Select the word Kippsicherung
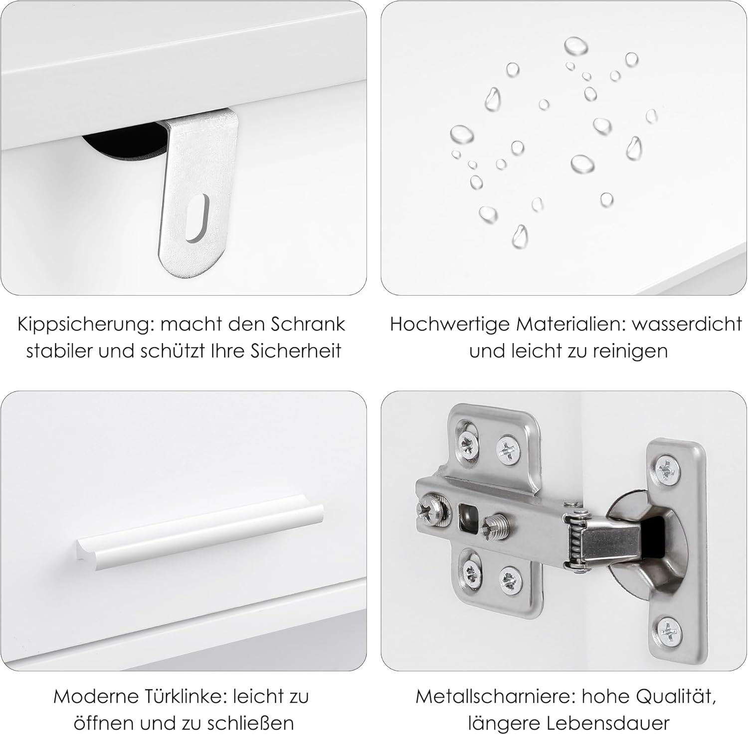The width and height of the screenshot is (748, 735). pos(83,325)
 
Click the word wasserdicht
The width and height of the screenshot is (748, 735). pos(687,324)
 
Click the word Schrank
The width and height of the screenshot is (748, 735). pos(309,324)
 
